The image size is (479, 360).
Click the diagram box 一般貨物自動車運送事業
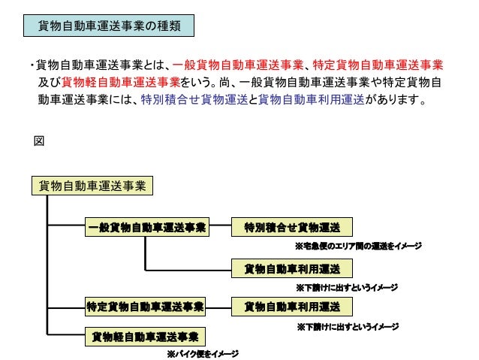[x=146, y=227]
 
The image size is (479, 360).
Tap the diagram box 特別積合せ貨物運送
[x=291, y=227]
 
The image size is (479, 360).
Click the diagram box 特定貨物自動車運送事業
[x=145, y=307]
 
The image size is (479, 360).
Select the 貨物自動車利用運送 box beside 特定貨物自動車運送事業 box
[x=291, y=307]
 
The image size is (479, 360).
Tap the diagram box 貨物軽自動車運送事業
[x=145, y=336]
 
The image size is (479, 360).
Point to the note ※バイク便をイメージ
[x=202, y=353]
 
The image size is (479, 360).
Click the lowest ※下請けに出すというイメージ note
[x=347, y=327]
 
